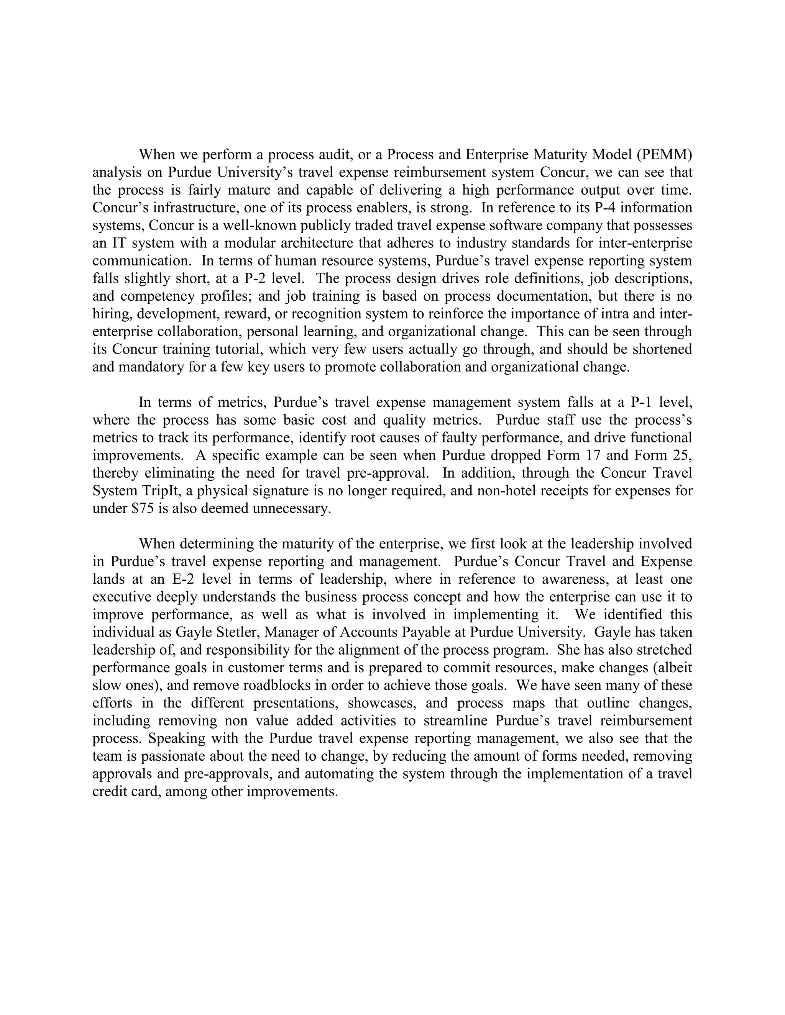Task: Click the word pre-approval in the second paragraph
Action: click(x=388, y=473)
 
